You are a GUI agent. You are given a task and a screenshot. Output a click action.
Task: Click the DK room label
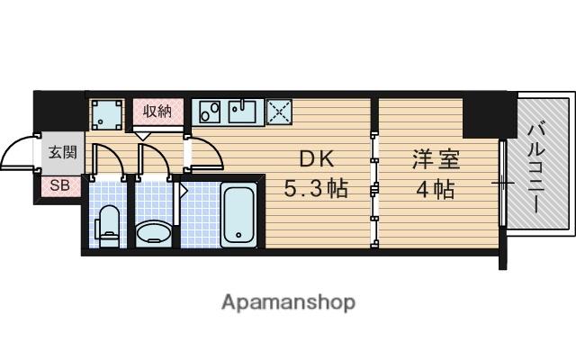(x=316, y=159)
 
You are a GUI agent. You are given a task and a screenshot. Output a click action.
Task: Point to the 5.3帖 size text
(x=316, y=190)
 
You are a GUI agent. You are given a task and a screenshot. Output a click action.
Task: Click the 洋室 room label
(x=436, y=159)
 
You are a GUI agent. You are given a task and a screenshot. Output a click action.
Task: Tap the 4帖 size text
(x=435, y=190)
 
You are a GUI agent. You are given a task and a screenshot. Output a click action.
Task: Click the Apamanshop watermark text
(x=288, y=301)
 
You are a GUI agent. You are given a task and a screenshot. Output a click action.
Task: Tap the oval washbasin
(x=156, y=234)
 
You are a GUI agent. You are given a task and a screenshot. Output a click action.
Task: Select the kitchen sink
(x=241, y=112)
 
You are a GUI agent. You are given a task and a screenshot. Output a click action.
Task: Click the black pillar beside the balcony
(x=485, y=113)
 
